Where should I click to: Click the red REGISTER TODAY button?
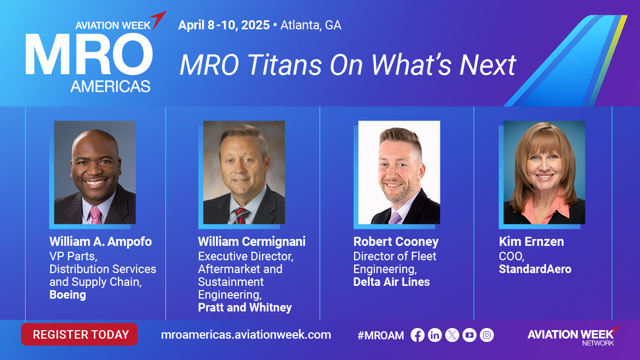[79, 334]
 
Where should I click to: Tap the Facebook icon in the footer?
[418, 335]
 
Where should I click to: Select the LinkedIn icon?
[435, 335]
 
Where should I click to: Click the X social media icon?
[452, 335]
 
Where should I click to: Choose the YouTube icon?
[469, 335]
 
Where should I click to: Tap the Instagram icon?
[487, 335]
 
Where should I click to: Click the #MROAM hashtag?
[381, 335]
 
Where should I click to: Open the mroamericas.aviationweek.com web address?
[246, 335]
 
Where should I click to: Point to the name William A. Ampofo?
[101, 242]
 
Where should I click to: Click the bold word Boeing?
[68, 295]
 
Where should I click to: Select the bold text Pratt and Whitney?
[245, 308]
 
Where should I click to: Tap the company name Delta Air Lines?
[391, 282]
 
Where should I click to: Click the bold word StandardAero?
[535, 269]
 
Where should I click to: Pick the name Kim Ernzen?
[531, 242]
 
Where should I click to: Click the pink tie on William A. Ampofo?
[95, 215]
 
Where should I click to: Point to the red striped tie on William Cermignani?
[242, 215]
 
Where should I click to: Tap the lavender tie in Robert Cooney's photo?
[395, 218]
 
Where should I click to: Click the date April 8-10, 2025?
[224, 25]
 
